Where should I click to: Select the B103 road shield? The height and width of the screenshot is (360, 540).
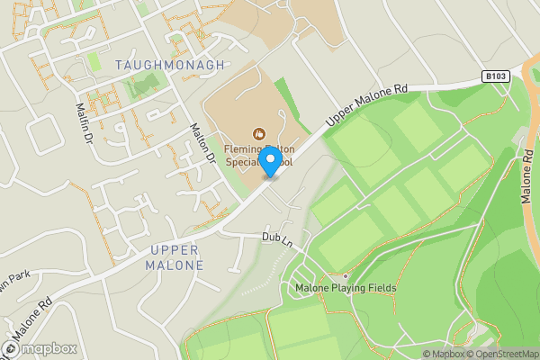tap(492, 77)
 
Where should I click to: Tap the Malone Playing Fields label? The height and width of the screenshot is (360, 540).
tap(346, 288)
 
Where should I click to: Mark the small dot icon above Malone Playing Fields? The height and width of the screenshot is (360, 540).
tap(346, 275)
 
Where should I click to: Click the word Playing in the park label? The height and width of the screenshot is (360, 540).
tap(346, 288)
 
